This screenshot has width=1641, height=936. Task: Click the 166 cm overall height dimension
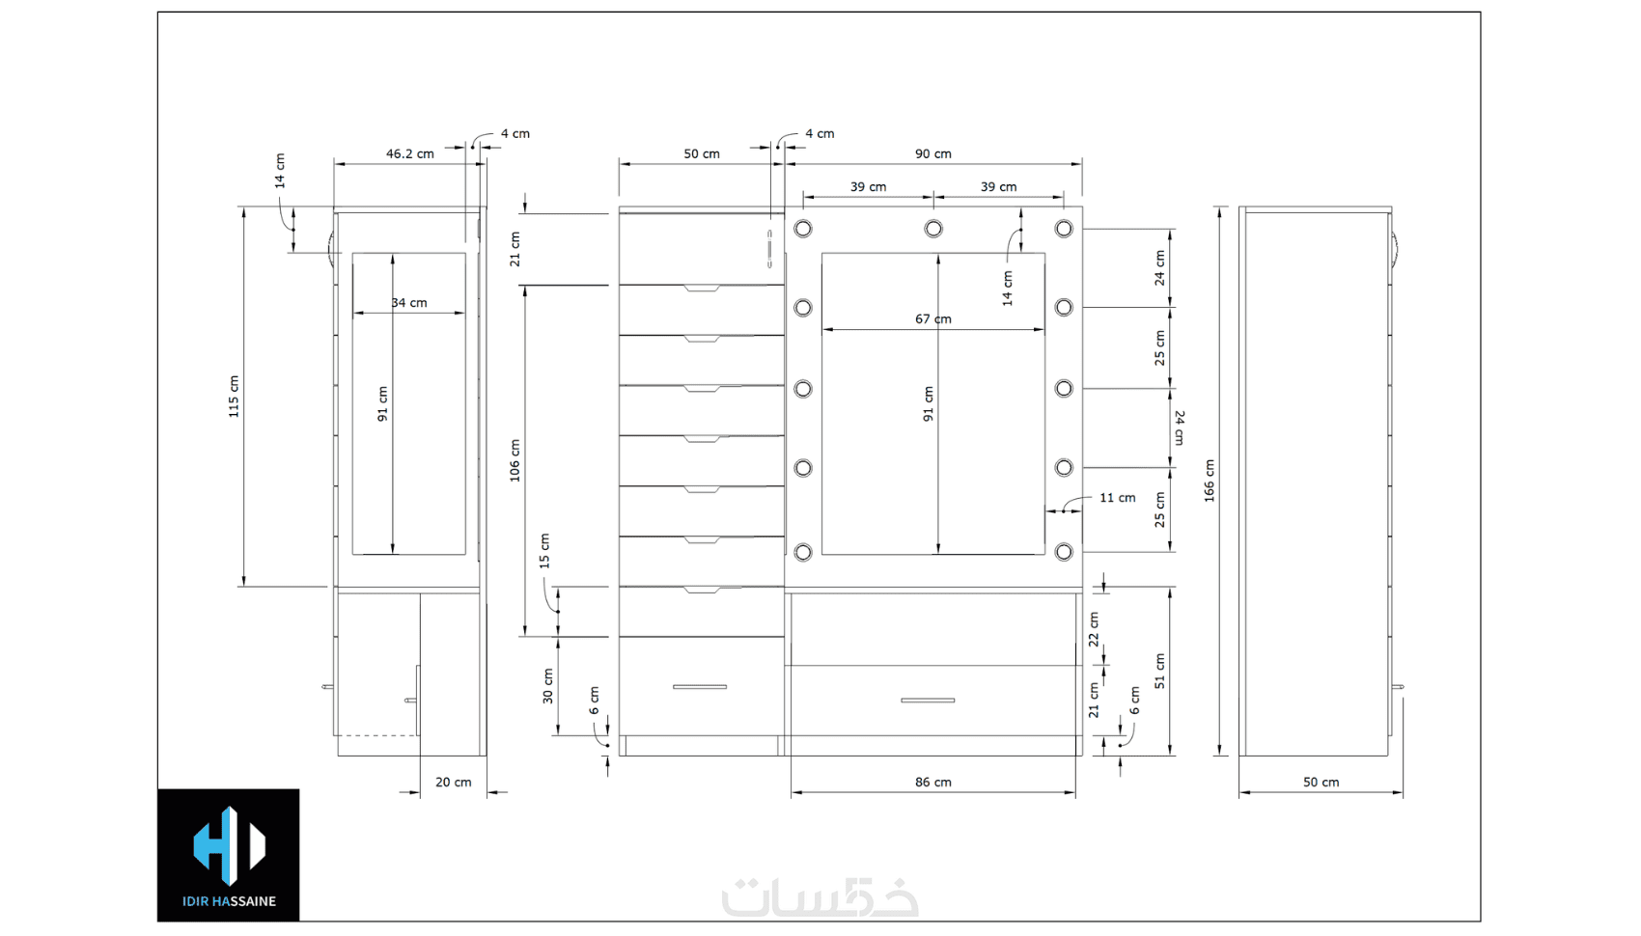[1209, 481]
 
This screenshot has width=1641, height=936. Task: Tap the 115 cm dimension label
[234, 397]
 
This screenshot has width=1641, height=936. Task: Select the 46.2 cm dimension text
[409, 153]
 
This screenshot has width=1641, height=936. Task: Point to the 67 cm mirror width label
[932, 318]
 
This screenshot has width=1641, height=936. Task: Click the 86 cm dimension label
[932, 783]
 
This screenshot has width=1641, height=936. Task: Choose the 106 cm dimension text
[515, 460]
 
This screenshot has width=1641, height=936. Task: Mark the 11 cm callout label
[1117, 497]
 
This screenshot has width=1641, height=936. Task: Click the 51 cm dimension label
[1159, 671]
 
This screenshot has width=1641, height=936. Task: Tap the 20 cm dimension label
[454, 783]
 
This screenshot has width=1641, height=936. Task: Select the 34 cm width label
[408, 302]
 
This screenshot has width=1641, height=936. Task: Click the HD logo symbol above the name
[230, 846]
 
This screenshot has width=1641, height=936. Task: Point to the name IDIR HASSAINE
[230, 901]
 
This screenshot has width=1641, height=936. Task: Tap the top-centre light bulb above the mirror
[933, 229]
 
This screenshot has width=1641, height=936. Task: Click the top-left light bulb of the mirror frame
[803, 229]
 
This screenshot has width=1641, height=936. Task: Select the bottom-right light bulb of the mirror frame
[1064, 552]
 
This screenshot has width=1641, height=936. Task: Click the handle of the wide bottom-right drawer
[928, 701]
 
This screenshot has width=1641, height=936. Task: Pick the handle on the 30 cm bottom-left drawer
[700, 687]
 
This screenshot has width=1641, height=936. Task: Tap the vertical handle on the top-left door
[769, 248]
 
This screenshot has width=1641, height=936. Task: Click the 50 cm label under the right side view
[1321, 783]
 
